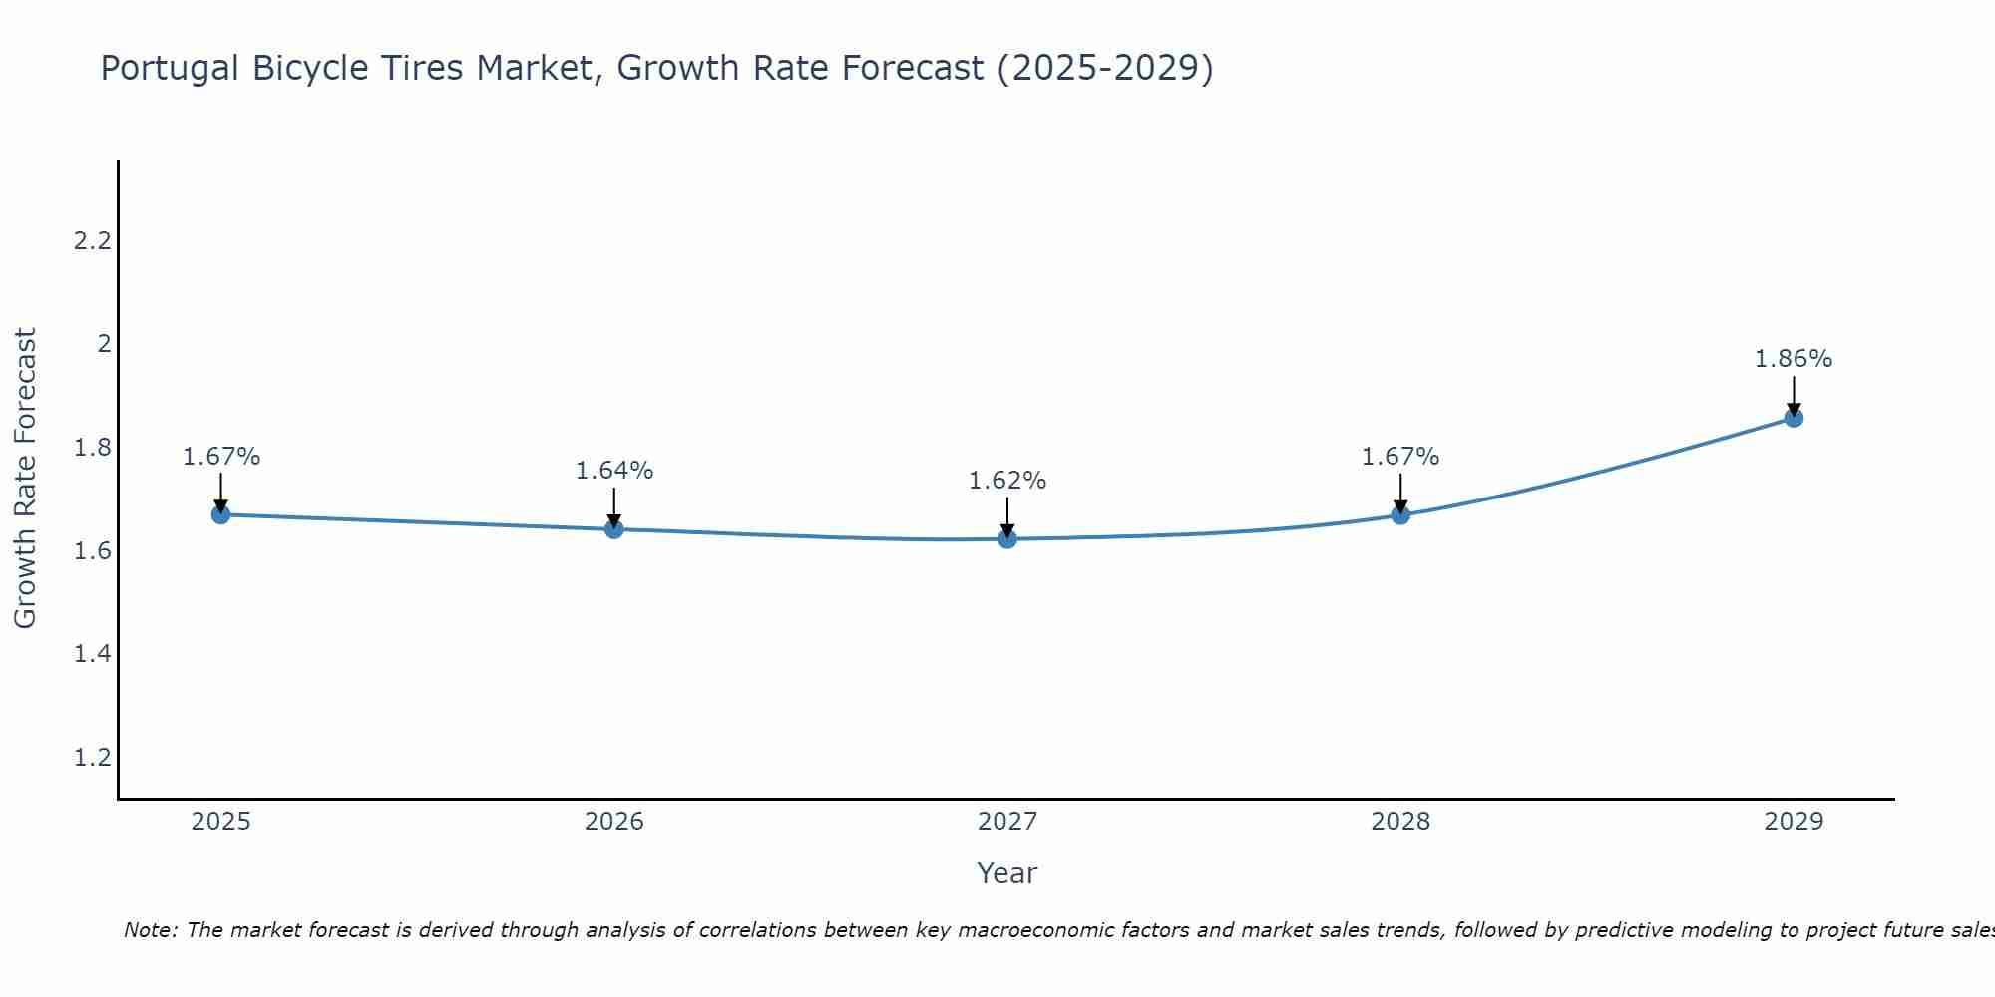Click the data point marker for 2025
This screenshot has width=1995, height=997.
tap(220, 514)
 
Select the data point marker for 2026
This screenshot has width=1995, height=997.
tap(614, 529)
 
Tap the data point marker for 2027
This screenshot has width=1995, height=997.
tap(1007, 539)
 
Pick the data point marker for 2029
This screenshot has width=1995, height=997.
tap(1794, 418)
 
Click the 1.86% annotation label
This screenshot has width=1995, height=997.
tap(1794, 359)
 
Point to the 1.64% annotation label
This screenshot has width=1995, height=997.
tap(614, 471)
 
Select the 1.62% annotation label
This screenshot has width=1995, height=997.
tap(1007, 481)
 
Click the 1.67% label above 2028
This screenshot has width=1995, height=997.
tap(1400, 457)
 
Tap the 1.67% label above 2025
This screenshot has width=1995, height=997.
tap(220, 457)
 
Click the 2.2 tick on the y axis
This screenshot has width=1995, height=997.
tap(92, 240)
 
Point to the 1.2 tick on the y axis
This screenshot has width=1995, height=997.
tap(92, 758)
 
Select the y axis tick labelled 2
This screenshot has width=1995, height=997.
tap(104, 344)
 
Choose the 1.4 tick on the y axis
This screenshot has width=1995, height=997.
tap(92, 654)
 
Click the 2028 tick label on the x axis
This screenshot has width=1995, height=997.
tap(1400, 822)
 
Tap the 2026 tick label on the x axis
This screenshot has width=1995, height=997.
tap(614, 822)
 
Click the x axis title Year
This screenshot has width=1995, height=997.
tap(1007, 873)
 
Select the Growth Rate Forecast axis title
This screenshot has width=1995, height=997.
tap(25, 479)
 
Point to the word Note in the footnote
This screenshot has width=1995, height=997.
tap(149, 930)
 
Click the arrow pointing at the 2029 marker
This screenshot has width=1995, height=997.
tap(1794, 396)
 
